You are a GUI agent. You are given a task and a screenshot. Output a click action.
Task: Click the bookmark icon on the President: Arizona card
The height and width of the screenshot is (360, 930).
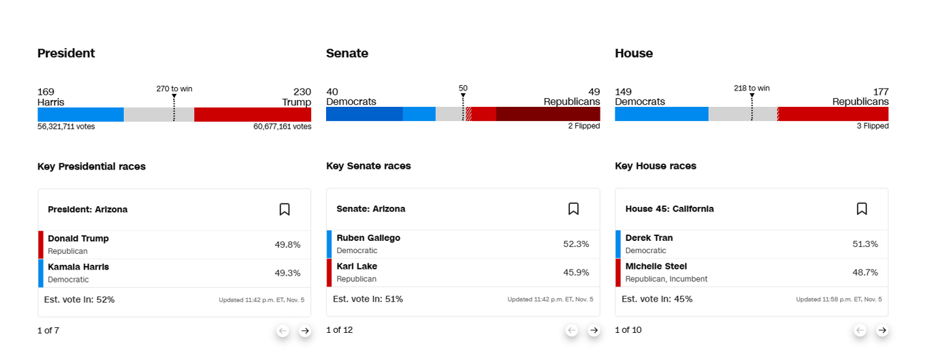point(285,210)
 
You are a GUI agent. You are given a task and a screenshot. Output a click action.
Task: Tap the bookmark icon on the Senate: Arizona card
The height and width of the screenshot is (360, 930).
point(573,209)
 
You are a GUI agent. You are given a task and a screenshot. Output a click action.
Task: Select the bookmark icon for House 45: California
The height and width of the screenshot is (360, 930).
point(862,209)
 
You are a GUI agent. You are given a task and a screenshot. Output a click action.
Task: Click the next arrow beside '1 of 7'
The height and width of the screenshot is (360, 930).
point(305,331)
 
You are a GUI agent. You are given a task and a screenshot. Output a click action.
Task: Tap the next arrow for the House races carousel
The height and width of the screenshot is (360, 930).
point(882,330)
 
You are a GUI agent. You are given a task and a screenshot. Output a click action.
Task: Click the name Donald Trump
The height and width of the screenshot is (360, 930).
point(78,238)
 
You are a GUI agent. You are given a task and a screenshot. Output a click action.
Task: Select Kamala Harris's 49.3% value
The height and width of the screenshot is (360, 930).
point(287,273)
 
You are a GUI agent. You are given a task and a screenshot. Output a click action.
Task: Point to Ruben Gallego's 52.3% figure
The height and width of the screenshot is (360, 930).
point(576,244)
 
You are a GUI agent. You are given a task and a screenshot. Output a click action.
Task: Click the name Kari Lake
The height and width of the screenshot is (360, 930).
point(357,266)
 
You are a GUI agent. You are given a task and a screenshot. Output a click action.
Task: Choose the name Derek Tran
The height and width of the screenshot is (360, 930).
point(649,238)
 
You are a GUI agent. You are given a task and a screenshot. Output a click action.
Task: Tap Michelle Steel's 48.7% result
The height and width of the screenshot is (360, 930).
point(865,272)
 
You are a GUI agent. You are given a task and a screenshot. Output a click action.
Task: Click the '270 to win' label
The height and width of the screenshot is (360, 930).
point(174,88)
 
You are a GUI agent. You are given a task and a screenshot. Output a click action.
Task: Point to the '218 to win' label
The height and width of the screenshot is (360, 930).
point(752,88)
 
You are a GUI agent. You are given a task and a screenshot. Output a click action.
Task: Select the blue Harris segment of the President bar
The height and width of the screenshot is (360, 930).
point(80,114)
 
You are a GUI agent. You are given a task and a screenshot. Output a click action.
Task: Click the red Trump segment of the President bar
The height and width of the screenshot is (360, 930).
point(253,114)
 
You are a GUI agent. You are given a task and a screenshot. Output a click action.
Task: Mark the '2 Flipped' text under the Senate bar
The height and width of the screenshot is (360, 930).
point(584,126)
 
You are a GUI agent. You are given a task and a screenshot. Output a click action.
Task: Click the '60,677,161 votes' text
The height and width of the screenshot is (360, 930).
point(282,127)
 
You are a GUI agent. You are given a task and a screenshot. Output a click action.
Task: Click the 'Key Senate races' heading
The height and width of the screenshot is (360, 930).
point(368,166)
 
